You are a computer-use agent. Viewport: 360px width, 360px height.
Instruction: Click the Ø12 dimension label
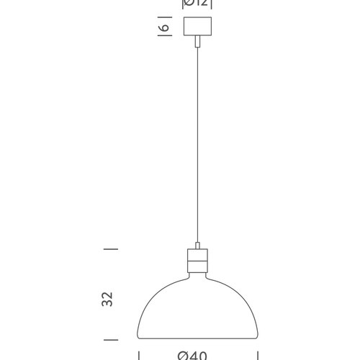(197, 3)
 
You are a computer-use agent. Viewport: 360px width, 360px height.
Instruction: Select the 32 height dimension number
(108, 300)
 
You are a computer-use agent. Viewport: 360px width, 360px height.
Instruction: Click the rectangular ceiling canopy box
(197, 28)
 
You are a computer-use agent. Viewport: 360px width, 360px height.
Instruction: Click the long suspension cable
(197, 144)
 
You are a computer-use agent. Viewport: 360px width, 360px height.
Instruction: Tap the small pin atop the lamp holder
(197, 245)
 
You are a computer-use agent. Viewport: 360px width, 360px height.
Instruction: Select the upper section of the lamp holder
(197, 257)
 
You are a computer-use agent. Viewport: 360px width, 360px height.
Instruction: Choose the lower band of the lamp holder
(197, 271)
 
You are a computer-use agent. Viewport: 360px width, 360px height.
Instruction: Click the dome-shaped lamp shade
(197, 310)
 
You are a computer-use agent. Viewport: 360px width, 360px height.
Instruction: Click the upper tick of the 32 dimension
(110, 249)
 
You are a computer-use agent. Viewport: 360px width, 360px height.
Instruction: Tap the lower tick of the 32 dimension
(110, 338)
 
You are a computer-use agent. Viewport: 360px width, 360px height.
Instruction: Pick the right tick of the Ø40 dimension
(258, 354)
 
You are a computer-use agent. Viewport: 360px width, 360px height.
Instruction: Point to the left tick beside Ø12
(182, 4)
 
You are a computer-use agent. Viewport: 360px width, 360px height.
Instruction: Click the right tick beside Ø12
(213, 4)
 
